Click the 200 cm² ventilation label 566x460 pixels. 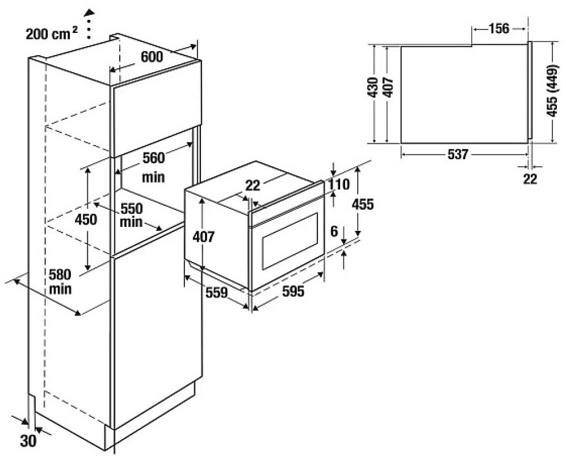point(52,34)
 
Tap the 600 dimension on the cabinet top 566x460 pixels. point(152,57)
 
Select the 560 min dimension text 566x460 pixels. point(153,167)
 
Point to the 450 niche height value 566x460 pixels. point(86,219)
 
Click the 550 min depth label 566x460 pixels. point(131,215)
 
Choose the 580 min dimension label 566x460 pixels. point(60,281)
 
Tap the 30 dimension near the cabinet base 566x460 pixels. point(28,441)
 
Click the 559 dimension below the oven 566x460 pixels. point(217,293)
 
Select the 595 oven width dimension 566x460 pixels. point(293,291)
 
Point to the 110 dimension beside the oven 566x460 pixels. point(339,184)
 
